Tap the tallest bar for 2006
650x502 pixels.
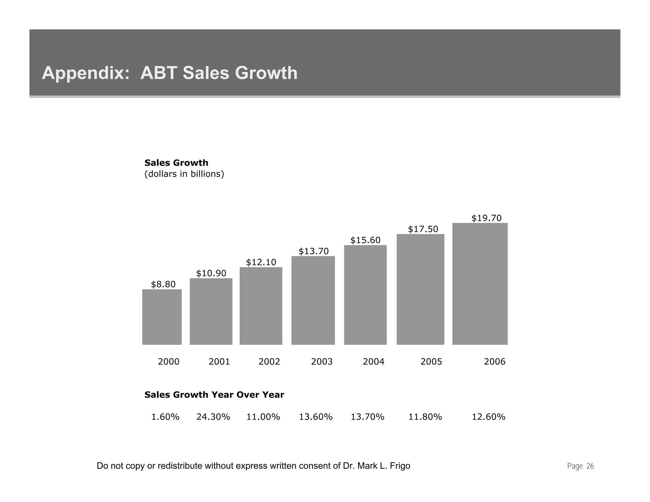480,284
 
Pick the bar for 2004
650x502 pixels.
365,295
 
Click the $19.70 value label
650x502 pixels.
486,218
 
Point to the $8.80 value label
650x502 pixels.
163,284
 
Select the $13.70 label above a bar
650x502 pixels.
314,251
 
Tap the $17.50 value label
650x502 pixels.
423,229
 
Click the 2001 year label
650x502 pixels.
219,361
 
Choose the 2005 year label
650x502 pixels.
431,361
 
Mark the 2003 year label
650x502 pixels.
322,361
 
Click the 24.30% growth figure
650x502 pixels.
213,417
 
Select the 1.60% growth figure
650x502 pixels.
165,417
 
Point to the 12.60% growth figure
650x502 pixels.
488,417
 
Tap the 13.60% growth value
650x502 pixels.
315,417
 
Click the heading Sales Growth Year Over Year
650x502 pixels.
214,395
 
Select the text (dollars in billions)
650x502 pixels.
184,174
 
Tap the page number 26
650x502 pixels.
590,466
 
